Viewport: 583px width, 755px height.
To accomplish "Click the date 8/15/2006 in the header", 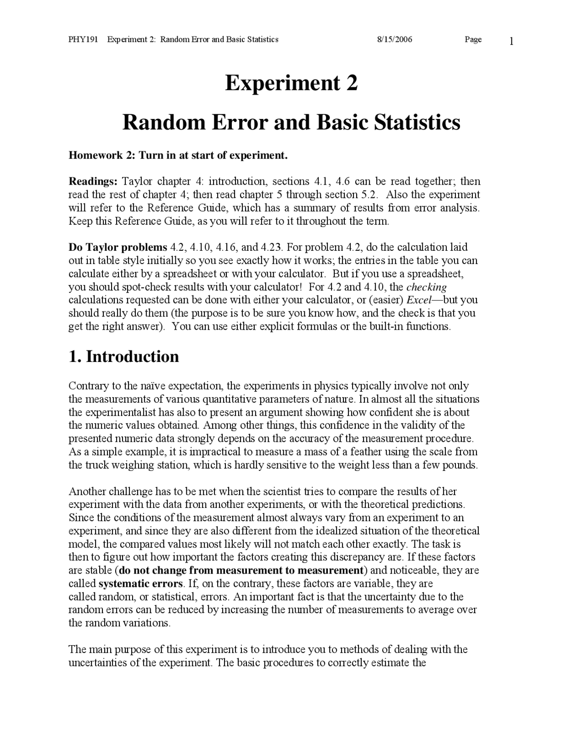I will pos(394,39).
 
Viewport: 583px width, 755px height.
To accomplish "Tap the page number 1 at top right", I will pos(511,41).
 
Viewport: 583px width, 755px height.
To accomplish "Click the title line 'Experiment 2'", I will pos(291,83).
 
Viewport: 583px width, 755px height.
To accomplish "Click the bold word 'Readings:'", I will pos(93,181).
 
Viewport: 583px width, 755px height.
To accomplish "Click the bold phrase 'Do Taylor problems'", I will pos(118,248).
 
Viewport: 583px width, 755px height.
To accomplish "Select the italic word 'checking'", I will pos(426,287).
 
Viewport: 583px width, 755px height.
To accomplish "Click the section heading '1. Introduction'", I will pos(123,356).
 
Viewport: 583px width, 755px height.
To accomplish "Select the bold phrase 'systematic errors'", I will pos(140,584).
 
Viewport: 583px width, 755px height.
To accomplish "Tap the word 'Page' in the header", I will pos(473,39).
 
